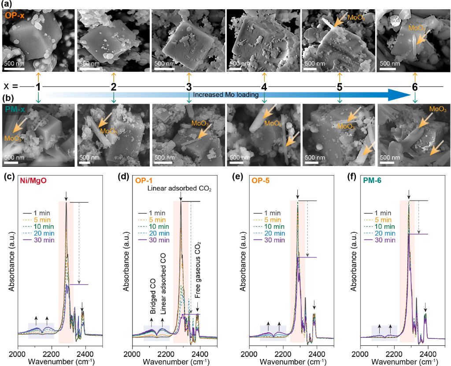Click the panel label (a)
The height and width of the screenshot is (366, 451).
7,4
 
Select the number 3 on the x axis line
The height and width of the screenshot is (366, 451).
189,87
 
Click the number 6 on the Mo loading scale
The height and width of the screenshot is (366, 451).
415,87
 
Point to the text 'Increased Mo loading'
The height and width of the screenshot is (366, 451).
226,95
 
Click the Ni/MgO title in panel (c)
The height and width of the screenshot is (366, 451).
33,181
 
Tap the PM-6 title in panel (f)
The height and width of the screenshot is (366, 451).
373,181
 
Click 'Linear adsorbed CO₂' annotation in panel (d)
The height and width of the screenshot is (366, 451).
180,189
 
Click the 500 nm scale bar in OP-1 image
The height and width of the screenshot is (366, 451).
14,69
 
